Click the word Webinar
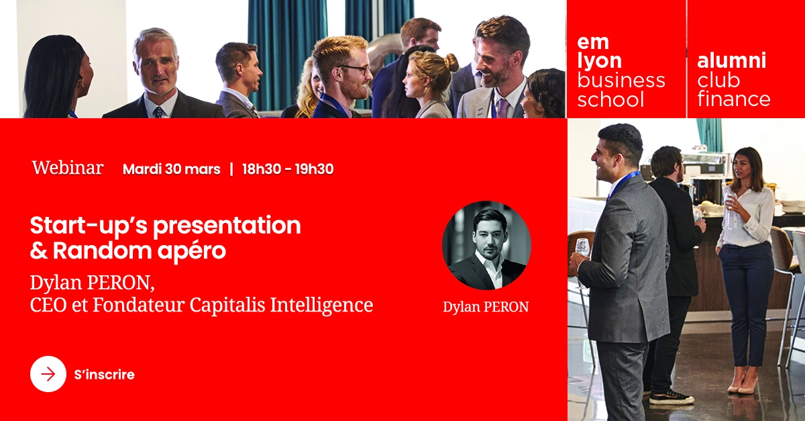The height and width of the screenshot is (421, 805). coord(68,168)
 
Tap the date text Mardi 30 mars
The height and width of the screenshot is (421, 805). coord(172,169)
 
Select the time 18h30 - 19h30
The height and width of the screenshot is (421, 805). coord(288,169)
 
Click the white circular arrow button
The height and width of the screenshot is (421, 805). coord(48,374)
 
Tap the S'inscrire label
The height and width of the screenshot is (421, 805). coord(104,375)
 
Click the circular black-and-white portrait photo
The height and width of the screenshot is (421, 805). coord(486,245)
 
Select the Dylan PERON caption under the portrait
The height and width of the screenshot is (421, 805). coord(486,307)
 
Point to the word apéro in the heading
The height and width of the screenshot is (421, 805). coord(192,251)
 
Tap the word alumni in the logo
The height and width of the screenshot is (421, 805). coord(731,60)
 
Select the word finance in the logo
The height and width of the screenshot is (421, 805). coord(733,99)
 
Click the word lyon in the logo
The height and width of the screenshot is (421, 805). coord(599,61)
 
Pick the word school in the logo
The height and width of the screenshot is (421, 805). coord(610,99)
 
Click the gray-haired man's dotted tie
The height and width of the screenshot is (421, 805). coord(158,112)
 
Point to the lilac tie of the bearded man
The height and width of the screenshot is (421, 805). coord(502,107)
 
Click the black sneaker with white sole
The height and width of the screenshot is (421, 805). coord(672,397)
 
